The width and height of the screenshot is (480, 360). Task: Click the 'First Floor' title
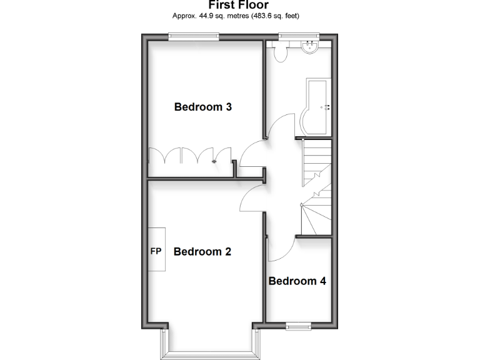tap(238, 4)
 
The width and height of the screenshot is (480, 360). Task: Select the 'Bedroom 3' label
tap(203, 107)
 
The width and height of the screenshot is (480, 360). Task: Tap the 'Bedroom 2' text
tap(202, 252)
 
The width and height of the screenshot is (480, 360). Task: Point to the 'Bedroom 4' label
tap(297, 281)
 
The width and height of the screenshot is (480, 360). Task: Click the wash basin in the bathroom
tap(309, 47)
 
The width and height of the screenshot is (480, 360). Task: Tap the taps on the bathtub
tap(326, 107)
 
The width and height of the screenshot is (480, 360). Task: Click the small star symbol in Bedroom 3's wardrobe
tap(214, 162)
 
